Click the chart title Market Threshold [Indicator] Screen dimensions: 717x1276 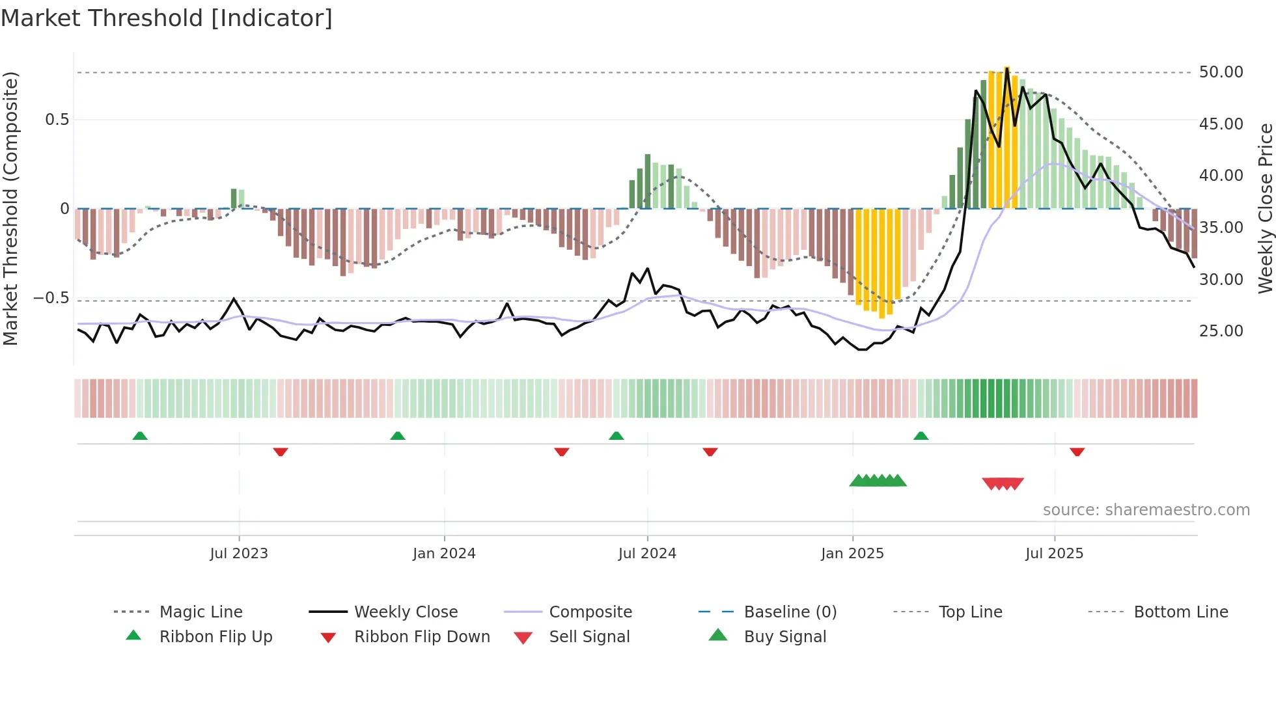167,18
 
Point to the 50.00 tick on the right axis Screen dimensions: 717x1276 1221,72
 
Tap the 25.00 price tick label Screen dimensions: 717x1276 1221,331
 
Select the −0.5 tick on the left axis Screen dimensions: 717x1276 51,298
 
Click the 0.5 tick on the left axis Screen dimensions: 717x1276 57,120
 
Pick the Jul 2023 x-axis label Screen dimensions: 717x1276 239,554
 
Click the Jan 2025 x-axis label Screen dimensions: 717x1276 852,554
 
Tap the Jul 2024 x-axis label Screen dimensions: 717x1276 647,554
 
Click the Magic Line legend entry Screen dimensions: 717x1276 201,612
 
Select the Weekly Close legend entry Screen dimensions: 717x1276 406,612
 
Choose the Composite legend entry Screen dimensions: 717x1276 590,612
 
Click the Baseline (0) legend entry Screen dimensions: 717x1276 790,612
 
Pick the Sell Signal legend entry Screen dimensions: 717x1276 589,637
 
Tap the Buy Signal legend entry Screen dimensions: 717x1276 784,637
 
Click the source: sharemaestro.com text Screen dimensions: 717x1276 1146,510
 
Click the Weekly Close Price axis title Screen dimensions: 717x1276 1265,208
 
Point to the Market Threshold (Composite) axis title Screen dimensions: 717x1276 10,208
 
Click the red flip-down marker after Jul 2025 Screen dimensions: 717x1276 1077,452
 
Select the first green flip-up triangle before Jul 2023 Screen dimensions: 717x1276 140,436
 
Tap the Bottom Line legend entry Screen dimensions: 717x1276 1180,612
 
